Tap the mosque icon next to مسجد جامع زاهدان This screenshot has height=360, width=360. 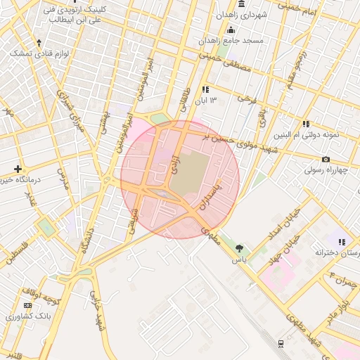[x=231, y=29]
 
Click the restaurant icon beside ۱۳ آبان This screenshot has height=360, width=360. [x=205, y=89]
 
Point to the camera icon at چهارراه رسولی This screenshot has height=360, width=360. [x=326, y=160]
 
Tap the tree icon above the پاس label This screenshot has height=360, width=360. [x=240, y=248]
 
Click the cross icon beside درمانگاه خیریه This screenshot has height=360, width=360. [x=18, y=169]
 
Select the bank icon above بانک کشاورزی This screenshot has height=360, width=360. [x=27, y=305]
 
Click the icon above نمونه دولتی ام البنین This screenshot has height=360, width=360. [x=306, y=124]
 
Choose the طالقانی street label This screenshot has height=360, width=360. [x=185, y=105]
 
